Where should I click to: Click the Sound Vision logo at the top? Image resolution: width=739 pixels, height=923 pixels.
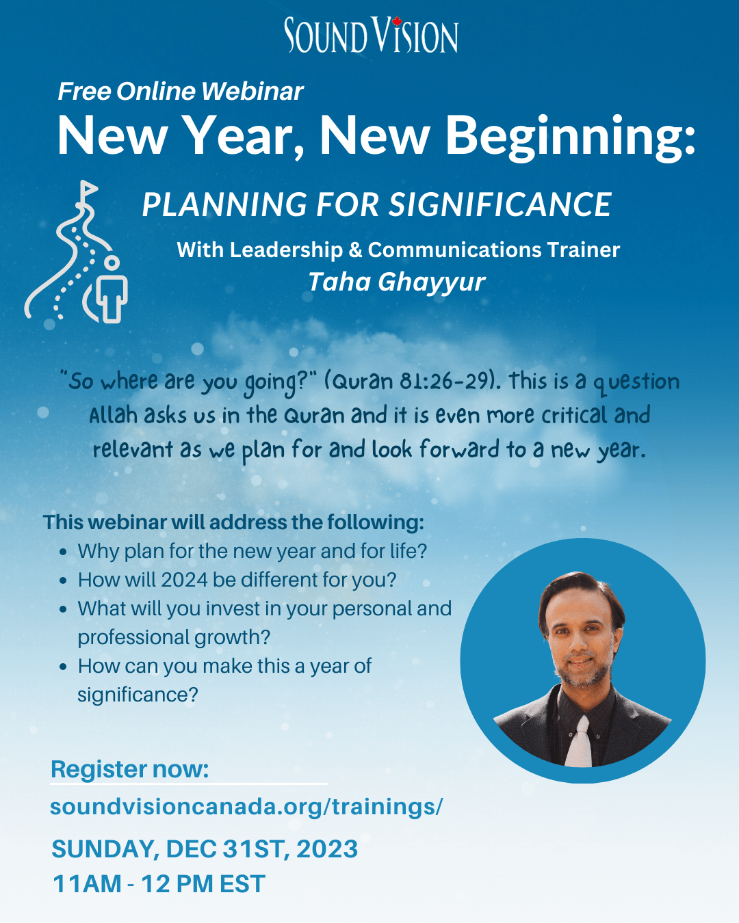point(371,35)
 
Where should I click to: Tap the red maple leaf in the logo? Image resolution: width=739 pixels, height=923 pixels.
point(396,21)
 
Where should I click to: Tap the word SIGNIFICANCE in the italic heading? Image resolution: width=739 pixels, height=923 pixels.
point(500,204)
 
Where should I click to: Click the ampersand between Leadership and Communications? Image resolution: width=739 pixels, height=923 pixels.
point(356,250)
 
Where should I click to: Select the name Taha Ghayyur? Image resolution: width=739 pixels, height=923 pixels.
point(397,282)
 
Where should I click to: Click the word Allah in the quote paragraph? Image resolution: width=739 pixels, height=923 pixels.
point(114,415)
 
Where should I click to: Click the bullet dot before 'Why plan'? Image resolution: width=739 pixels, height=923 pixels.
point(63,552)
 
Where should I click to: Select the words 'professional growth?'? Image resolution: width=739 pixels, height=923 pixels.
point(174,638)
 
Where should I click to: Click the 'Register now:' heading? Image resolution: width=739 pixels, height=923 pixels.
point(130,769)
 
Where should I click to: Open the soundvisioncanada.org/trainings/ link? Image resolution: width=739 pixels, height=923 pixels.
point(246,807)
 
